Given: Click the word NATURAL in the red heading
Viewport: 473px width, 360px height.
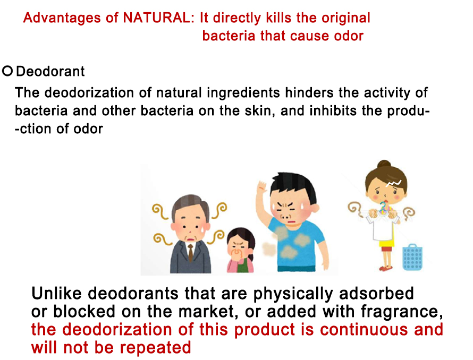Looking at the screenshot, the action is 156,18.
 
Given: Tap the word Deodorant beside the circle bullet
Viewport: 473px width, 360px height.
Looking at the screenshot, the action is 50,72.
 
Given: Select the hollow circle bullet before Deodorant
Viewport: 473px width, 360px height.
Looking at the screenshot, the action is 7,71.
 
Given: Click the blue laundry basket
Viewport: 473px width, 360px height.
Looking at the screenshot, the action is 412,257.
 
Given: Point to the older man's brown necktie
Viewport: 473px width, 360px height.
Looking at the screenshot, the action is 190,253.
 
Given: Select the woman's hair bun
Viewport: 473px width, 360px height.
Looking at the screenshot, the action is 384,164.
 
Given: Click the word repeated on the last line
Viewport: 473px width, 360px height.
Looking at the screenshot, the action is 156,348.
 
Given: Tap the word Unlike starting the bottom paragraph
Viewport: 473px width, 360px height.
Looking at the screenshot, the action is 56,293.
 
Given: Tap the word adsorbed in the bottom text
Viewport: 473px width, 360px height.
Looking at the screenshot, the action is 376,293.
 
